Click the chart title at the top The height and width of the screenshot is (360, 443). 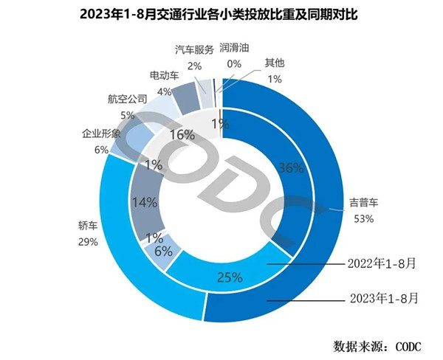(x=221, y=13)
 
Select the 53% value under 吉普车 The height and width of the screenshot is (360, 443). (x=364, y=218)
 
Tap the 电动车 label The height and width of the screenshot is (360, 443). (x=162, y=77)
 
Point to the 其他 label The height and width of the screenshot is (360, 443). (x=275, y=63)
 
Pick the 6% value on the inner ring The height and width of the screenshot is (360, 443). (x=164, y=252)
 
